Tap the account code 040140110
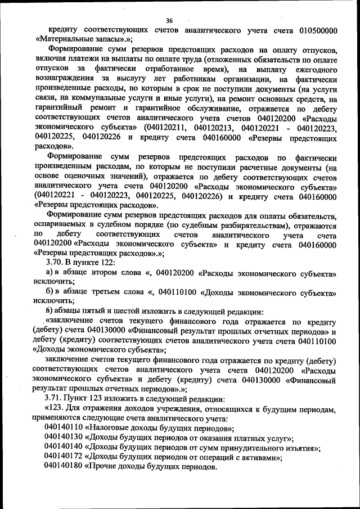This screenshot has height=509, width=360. coord(63,429)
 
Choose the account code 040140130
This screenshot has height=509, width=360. coord(63,439)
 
